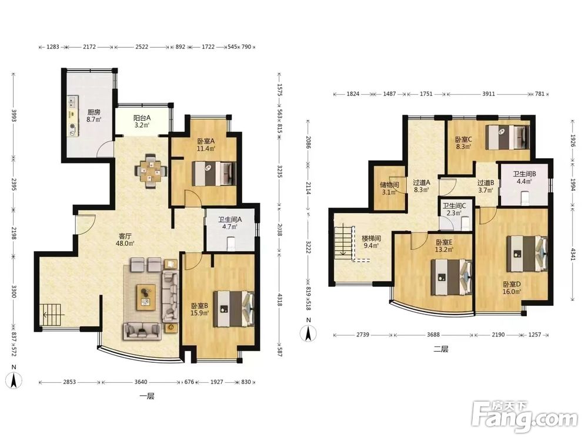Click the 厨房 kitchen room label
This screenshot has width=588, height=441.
click(93, 112)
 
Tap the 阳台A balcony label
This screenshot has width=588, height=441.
click(142, 118)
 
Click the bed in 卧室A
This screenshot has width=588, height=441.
click(214, 173)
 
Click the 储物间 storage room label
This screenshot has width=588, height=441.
click(389, 185)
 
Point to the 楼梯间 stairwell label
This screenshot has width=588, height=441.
click(371, 238)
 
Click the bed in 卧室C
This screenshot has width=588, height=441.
click(508, 137)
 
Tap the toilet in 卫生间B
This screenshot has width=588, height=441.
click(525, 198)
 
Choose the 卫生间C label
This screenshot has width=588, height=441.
click(454, 206)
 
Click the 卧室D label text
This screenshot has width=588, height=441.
click(512, 284)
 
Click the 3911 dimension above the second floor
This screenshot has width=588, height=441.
click(488, 94)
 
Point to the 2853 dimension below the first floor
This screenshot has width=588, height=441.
click(69, 382)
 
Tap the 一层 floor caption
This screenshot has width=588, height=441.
click(146, 396)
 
